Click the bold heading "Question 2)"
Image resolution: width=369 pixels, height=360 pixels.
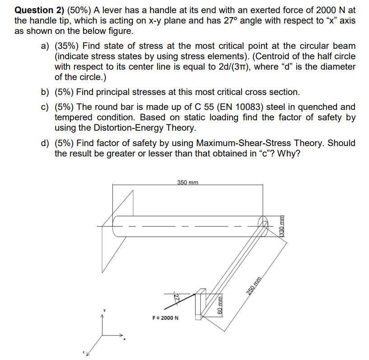coord(39,9)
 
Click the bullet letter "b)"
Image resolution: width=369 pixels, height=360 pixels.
coord(46,92)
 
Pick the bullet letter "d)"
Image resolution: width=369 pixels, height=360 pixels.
coord(46,143)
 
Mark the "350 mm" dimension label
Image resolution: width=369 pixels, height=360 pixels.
coord(187,182)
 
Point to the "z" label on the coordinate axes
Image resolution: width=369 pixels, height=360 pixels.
coord(84,351)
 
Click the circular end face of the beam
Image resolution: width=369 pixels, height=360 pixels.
coord(263,224)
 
